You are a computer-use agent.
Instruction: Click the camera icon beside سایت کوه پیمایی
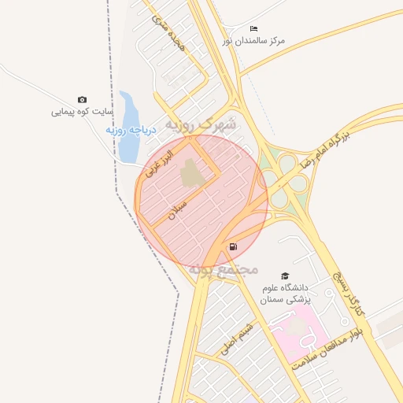click(83, 99)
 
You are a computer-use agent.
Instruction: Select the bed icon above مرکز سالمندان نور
click(253, 28)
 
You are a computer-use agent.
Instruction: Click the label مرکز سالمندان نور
click(253, 39)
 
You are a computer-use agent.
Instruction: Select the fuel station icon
click(233, 246)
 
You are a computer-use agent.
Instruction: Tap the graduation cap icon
click(285, 275)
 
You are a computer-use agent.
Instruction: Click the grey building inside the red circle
click(190, 173)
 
